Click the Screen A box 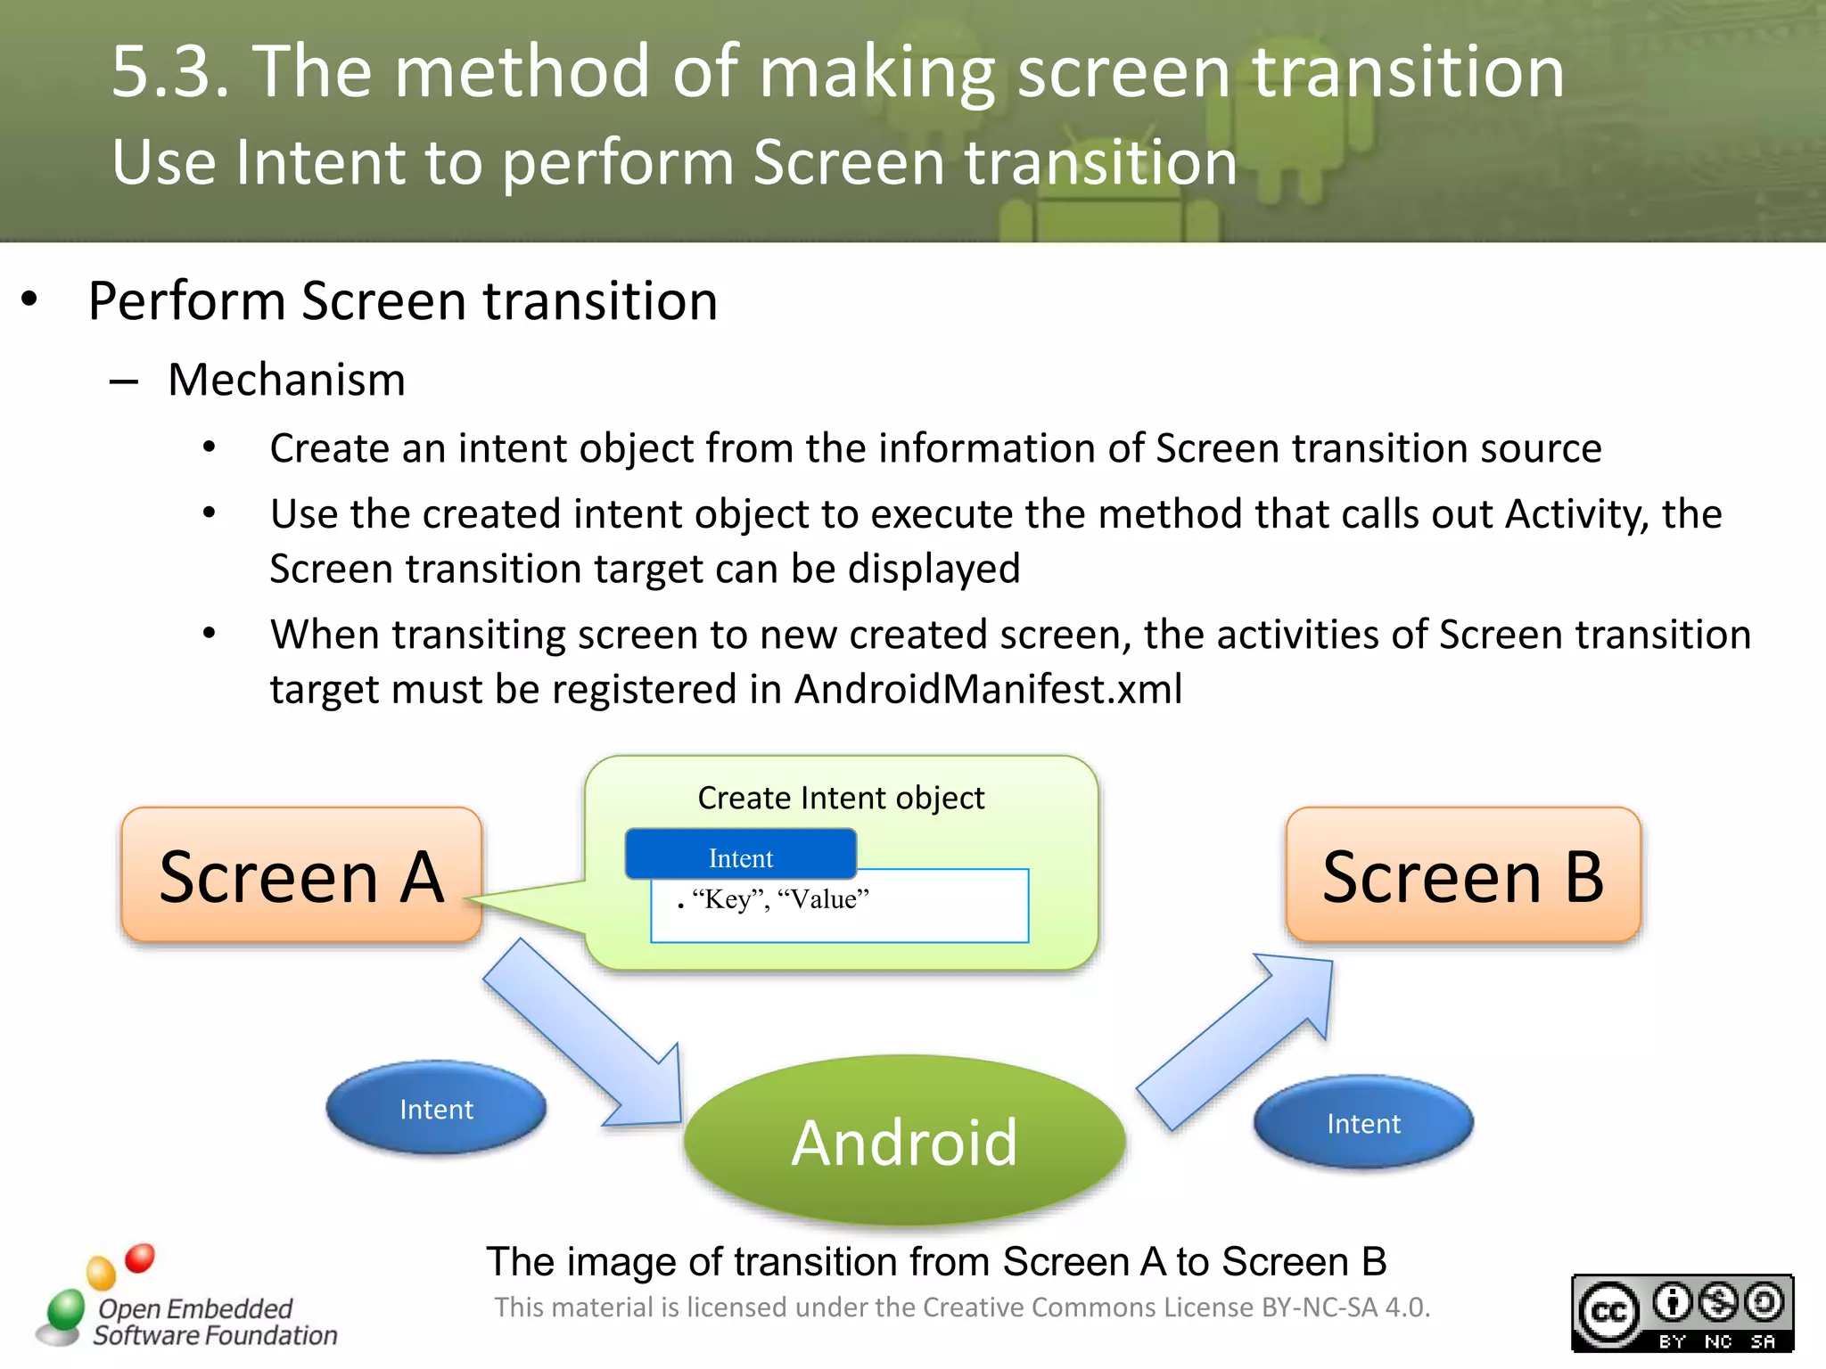tap(301, 875)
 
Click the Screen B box tap(1463, 875)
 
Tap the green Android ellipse tap(904, 1141)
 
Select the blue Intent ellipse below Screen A tap(436, 1109)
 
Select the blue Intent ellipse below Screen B tap(1363, 1123)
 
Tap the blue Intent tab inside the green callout tap(741, 856)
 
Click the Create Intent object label tap(841, 798)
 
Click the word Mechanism tap(286, 380)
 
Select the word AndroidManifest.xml tap(988, 689)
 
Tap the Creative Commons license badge tap(1682, 1312)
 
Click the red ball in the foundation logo tap(140, 1258)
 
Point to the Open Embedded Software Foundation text tap(214, 1322)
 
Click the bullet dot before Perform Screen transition tap(29, 299)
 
